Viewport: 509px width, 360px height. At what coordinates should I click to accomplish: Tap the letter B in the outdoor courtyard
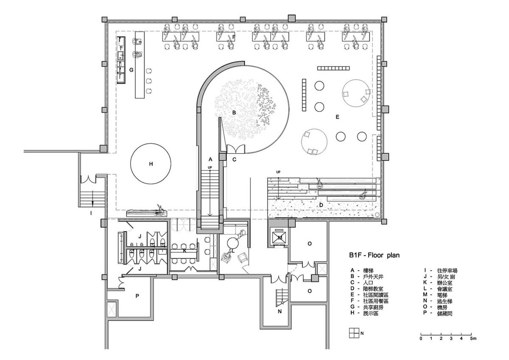point(233,112)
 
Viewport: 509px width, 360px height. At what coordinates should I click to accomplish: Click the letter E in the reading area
point(338,116)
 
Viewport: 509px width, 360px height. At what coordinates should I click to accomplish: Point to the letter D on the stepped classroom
point(321,205)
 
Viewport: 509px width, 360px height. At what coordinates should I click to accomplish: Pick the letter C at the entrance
point(234,159)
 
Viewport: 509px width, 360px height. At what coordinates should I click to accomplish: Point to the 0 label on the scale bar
point(421,339)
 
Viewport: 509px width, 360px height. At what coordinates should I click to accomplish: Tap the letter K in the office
point(185,251)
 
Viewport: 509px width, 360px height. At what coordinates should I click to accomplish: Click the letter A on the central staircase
point(210,159)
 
